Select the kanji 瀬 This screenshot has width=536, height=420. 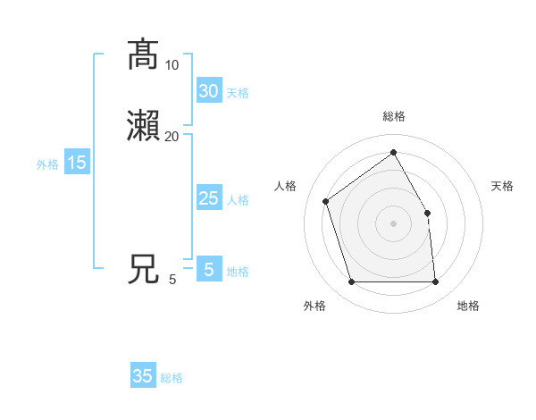[x=143, y=126]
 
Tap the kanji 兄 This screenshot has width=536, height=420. [x=143, y=269]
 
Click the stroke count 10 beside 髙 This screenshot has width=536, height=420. [x=172, y=65]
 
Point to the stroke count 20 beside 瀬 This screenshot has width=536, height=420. [x=172, y=137]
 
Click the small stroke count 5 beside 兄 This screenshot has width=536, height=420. [x=172, y=280]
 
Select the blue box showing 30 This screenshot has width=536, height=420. [x=208, y=91]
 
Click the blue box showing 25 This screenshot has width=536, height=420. [x=208, y=198]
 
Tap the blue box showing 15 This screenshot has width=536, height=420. [x=76, y=163]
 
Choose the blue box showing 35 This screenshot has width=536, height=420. [x=143, y=376]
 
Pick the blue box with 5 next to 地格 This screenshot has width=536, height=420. [x=208, y=270]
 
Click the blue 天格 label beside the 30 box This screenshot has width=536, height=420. [x=238, y=93]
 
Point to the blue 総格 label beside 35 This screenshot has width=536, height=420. [x=172, y=378]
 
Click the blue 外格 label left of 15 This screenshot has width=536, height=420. [x=46, y=164]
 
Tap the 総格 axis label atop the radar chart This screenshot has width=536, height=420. [x=393, y=116]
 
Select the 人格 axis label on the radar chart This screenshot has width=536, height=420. [x=286, y=186]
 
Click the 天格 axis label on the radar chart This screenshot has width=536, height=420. [x=503, y=186]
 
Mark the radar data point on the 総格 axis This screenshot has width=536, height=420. [x=393, y=153]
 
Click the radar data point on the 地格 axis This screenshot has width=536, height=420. [x=435, y=282]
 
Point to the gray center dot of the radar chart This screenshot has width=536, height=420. [x=393, y=223]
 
